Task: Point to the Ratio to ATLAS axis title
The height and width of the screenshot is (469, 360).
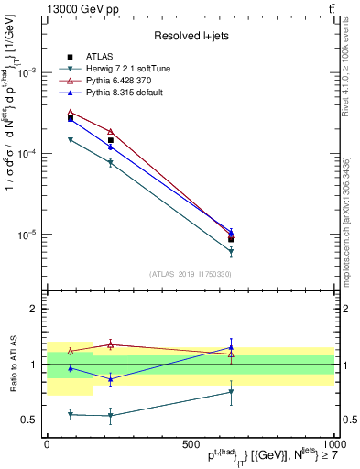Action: pyautogui.click(x=12, y=365)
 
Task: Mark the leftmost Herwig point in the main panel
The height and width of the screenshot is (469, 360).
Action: pyautogui.click(x=71, y=139)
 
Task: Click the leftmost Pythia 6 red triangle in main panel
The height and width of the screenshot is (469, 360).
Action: pyautogui.click(x=71, y=113)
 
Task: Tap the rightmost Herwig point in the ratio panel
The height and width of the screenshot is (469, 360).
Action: pyautogui.click(x=231, y=392)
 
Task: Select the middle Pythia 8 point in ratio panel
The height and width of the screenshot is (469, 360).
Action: pyautogui.click(x=111, y=379)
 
